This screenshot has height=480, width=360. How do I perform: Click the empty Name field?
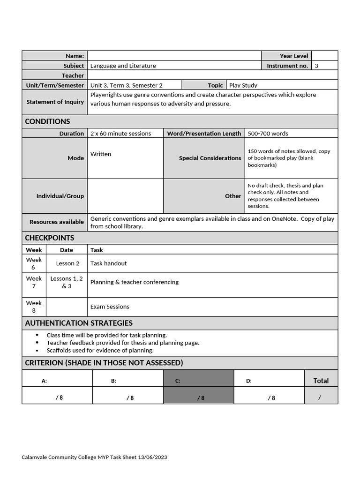pos(174,56)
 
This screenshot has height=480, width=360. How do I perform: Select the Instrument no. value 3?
pos(316,66)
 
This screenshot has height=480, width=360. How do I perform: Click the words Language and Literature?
pos(123,66)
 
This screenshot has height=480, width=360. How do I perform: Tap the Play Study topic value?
pos(243,85)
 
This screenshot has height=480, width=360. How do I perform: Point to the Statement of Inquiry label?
pos(55,102)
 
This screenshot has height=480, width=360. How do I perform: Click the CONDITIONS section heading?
pos(47,121)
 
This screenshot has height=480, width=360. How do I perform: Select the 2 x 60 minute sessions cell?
pos(120,134)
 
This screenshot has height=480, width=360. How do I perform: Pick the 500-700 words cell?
pos(268,134)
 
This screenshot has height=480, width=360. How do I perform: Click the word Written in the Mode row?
pos(101,154)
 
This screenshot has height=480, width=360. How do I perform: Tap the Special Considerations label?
pos(210,158)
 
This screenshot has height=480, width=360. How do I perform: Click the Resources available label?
pos(56,222)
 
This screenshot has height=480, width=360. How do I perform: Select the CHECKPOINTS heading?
pos(49,238)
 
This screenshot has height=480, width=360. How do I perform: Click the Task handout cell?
pos(108,263)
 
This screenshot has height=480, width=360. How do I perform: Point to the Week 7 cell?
pos(34,282)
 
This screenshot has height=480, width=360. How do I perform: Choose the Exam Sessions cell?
pos(110,307)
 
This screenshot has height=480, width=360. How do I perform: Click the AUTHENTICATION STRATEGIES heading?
pos(79,323)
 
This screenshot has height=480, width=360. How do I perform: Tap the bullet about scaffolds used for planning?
pos(100,350)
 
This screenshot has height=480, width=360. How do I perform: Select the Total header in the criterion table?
pos(321,381)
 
